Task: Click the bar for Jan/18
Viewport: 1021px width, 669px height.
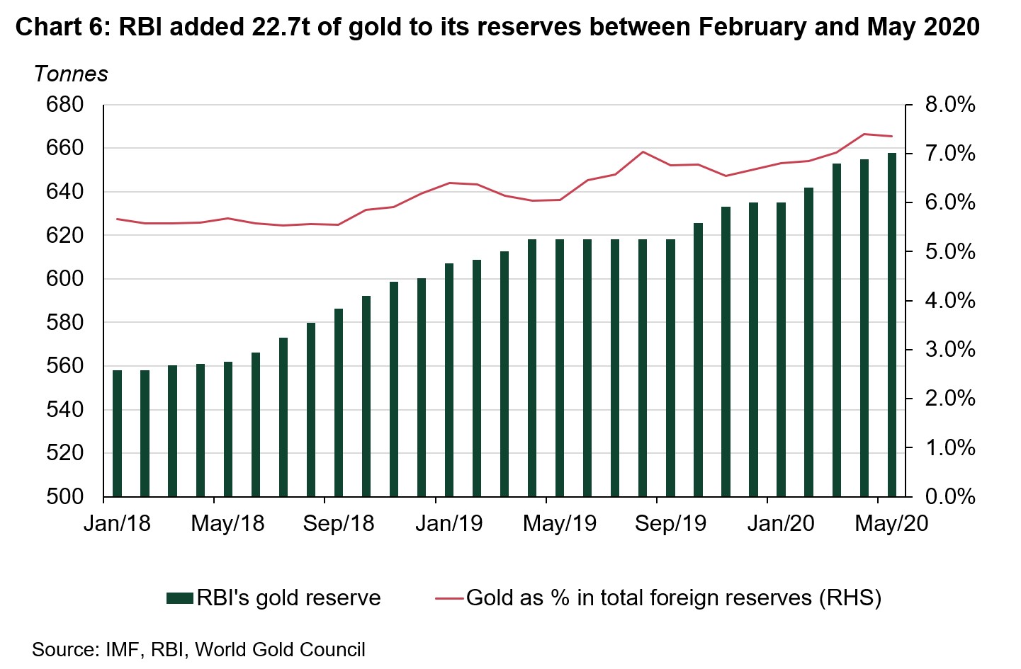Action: (117, 433)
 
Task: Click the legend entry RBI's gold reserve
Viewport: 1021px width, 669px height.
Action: (273, 598)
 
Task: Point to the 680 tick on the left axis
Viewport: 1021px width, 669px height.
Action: (64, 105)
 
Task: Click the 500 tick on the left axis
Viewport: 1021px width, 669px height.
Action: (64, 497)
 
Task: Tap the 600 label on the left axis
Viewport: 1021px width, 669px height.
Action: (64, 279)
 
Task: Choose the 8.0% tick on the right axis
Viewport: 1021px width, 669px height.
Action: (950, 105)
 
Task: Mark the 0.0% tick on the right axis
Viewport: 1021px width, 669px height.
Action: (950, 497)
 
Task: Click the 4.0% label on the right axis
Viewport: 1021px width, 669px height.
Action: (950, 301)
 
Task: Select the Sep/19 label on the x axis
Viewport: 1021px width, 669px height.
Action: (670, 523)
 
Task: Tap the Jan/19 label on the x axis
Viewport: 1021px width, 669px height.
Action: (449, 523)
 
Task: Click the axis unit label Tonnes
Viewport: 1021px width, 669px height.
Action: (71, 74)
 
